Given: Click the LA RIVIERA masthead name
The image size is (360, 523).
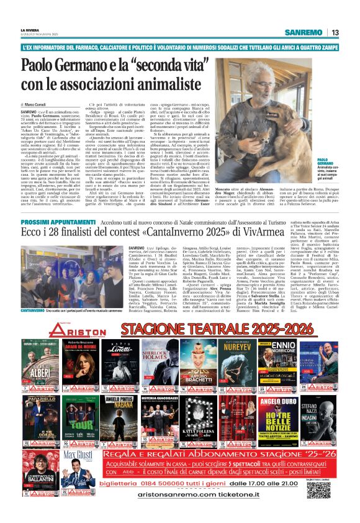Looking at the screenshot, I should (x=30, y=29).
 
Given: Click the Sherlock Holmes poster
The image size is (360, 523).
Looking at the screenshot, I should (x=160, y=366).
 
